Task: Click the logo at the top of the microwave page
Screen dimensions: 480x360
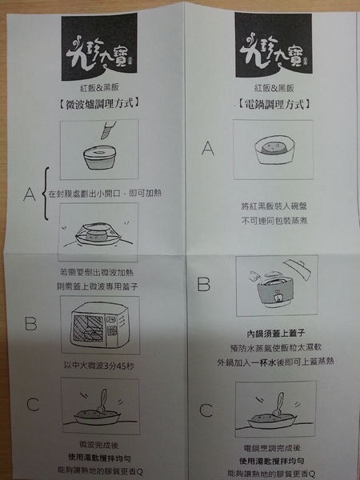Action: click(95, 53)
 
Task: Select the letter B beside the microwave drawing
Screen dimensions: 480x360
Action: click(30, 324)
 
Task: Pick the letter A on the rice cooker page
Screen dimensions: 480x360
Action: click(206, 148)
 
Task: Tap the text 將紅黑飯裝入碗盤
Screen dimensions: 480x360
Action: click(270, 205)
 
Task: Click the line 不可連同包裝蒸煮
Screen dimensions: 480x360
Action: click(270, 219)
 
